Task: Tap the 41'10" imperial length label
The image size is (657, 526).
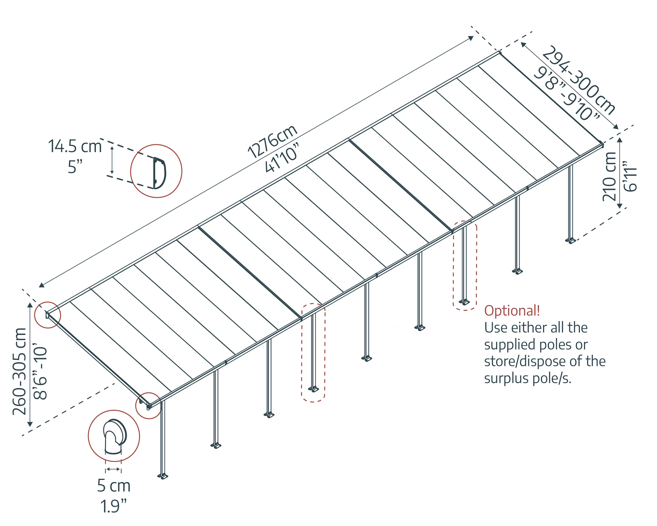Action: click(x=282, y=158)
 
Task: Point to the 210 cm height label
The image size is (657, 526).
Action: click(x=609, y=177)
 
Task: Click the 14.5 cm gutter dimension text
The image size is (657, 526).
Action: click(x=75, y=146)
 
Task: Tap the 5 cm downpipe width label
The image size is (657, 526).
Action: click(x=114, y=486)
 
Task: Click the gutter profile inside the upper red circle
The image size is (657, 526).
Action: click(x=159, y=173)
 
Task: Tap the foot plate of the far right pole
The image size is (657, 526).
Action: click(x=570, y=241)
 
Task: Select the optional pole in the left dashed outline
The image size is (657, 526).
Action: click(x=313, y=351)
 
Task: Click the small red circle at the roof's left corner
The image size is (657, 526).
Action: click(x=48, y=315)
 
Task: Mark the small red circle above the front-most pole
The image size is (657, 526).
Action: click(x=148, y=406)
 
